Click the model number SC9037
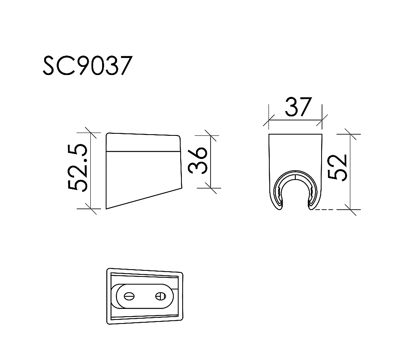click(x=87, y=66)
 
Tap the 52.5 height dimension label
click(x=78, y=167)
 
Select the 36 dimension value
click(x=199, y=161)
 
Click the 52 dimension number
click(x=338, y=167)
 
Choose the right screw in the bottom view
click(x=160, y=296)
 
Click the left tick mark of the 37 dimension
click(x=269, y=120)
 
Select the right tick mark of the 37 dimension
click(x=322, y=120)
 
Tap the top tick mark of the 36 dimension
click(x=210, y=135)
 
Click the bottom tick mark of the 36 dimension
click(x=210, y=188)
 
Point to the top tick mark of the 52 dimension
click(x=350, y=133)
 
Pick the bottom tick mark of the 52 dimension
click(x=350, y=209)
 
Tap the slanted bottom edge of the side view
click(x=144, y=199)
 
